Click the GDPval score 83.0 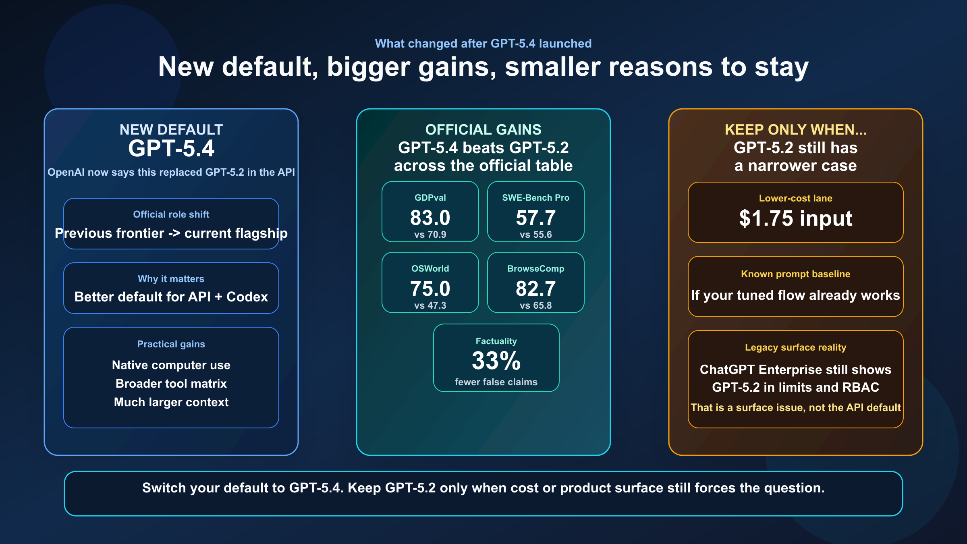430,218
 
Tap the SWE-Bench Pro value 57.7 535,218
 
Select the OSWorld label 430,268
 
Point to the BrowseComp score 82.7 535,289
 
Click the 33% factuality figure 496,361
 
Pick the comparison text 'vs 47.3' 430,305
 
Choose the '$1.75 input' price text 795,218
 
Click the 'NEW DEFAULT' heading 171,129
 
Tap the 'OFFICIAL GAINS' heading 483,129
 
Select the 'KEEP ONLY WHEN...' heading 795,129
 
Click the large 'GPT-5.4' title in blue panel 171,148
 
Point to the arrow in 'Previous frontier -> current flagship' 174,233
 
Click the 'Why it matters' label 171,279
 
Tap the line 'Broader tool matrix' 171,384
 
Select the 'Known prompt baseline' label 795,274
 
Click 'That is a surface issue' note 795,407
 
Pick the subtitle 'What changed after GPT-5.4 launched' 483,44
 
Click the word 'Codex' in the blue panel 247,297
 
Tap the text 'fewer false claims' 496,382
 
